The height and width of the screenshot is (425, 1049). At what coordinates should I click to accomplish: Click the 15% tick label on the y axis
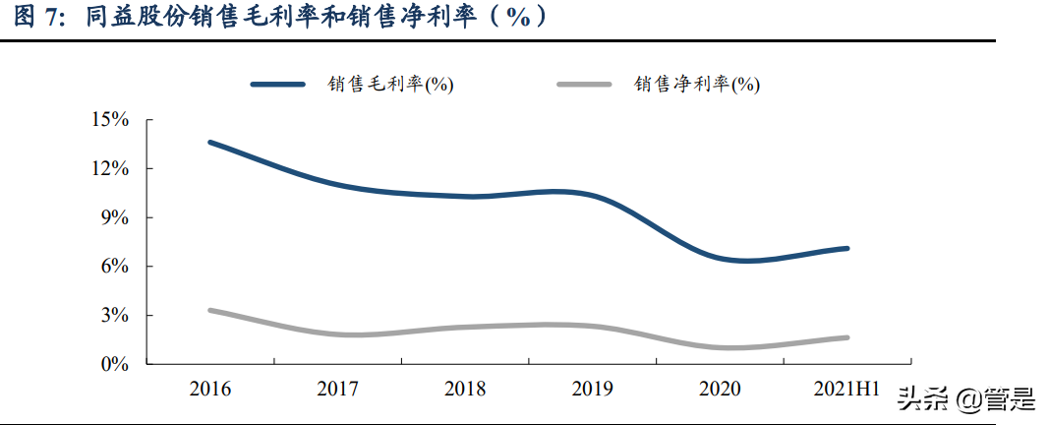[x=110, y=120]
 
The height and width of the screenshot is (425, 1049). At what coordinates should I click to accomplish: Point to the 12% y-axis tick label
[x=110, y=169]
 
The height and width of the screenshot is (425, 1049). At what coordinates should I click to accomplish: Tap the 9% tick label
[x=115, y=217]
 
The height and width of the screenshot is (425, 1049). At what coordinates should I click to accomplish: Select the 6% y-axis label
[x=115, y=267]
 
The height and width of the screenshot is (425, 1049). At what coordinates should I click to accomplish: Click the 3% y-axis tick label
[x=115, y=316]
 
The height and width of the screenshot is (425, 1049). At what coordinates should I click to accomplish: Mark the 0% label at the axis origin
[x=115, y=364]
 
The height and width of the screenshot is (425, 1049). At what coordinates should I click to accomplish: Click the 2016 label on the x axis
[x=210, y=389]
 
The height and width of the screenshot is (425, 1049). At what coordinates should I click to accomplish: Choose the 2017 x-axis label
[x=337, y=389]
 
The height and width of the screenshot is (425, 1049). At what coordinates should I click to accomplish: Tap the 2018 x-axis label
[x=465, y=389]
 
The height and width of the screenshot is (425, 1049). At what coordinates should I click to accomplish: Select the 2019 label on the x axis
[x=592, y=389]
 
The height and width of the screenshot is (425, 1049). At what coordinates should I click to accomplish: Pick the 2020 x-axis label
[x=720, y=389]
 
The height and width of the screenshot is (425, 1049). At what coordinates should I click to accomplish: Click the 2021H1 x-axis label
[x=846, y=389]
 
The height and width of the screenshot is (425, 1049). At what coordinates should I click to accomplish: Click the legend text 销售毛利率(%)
[x=390, y=85]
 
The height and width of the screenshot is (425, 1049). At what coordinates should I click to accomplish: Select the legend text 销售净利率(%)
[x=697, y=85]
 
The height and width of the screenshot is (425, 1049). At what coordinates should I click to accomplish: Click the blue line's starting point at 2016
[x=210, y=143]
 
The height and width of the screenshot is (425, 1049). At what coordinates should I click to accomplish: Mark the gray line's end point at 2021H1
[x=846, y=337]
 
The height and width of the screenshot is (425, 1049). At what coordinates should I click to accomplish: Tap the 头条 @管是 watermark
[x=964, y=399]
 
